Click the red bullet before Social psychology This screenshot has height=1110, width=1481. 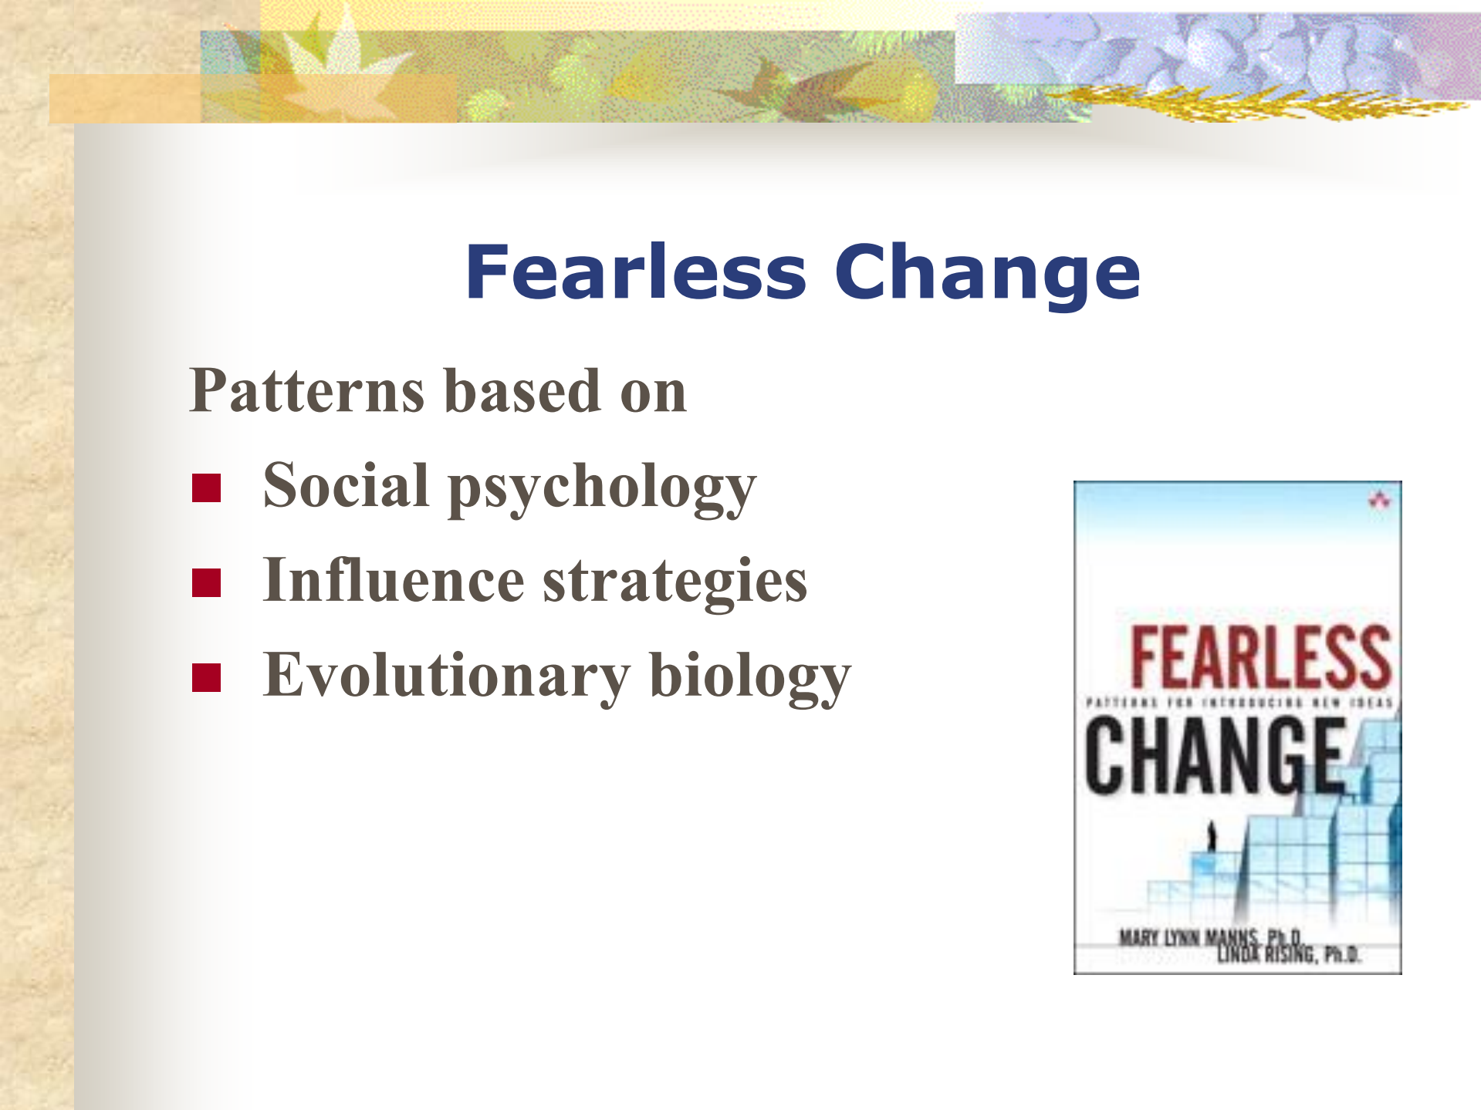pyautogui.click(x=206, y=488)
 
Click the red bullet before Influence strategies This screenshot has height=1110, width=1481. pyautogui.click(x=206, y=582)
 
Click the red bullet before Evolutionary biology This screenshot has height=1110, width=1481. pyautogui.click(x=206, y=677)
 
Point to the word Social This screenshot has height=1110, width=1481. pyautogui.click(x=346, y=486)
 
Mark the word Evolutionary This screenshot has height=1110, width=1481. pyautogui.click(x=446, y=676)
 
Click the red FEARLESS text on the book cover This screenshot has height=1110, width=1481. pyautogui.click(x=1260, y=657)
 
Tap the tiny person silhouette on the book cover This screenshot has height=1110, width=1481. pyautogui.click(x=1211, y=836)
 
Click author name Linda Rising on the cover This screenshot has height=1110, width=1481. pyautogui.click(x=1287, y=955)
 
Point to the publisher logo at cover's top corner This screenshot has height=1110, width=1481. pyautogui.click(x=1379, y=500)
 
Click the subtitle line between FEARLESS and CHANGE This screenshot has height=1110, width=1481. pyautogui.click(x=1238, y=703)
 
